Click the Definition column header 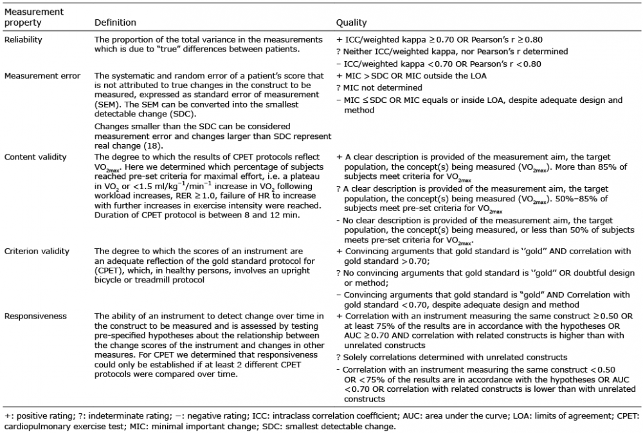pos(115,23)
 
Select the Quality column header pos(352,23)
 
